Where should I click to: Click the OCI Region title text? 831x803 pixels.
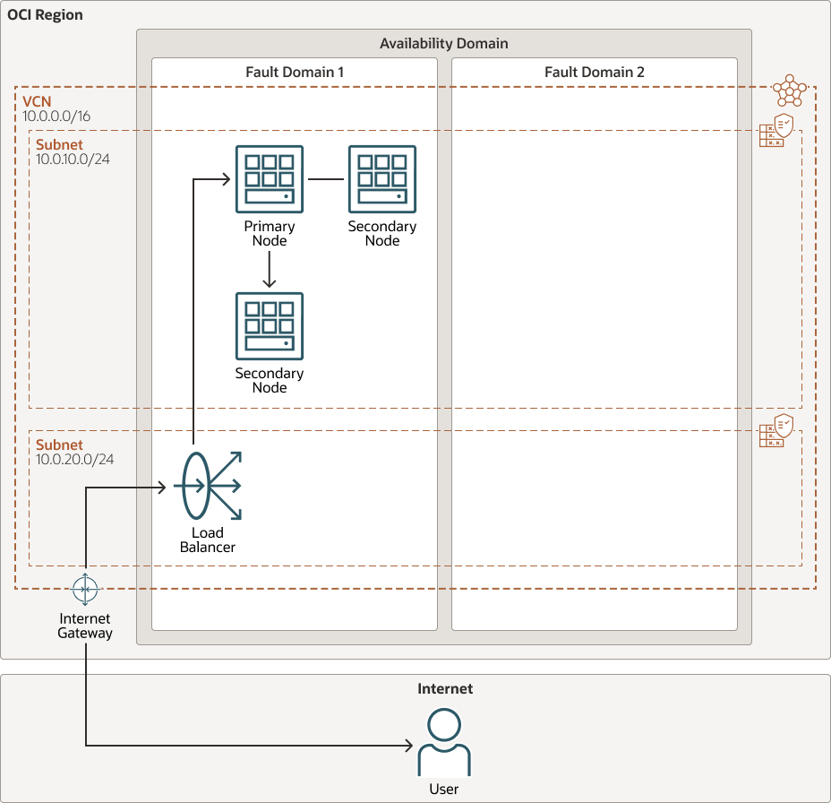(46, 15)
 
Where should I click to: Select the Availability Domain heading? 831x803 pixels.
(443, 43)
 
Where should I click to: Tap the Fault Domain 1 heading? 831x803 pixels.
(295, 72)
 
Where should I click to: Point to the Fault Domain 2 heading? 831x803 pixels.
(594, 72)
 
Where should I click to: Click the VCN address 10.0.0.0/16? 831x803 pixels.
(57, 117)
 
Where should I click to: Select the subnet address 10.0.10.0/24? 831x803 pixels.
(73, 160)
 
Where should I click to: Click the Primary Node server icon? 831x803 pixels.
(270, 179)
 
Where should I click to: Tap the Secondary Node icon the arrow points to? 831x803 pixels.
(270, 326)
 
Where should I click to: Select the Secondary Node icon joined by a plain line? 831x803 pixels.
(382, 179)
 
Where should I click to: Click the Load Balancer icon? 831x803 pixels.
(208, 487)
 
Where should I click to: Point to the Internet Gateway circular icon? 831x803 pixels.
(86, 590)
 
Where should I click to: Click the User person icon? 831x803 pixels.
(444, 743)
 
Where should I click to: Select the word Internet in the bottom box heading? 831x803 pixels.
(445, 689)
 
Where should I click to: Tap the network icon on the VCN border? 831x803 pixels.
(789, 90)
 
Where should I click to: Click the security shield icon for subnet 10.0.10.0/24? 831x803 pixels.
(776, 131)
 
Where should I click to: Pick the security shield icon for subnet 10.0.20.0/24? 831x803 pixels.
(776, 431)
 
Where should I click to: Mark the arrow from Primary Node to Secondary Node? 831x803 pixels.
(270, 269)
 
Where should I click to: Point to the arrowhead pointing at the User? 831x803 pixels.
(407, 745)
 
